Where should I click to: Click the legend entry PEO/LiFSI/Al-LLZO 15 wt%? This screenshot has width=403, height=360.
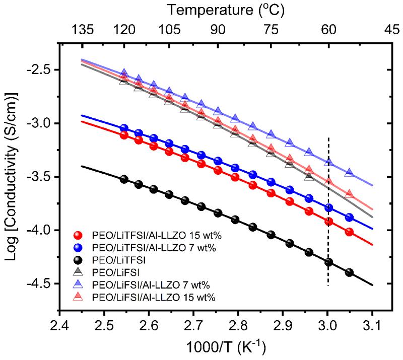[x=148, y=298]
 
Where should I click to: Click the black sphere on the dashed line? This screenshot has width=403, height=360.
[x=328, y=262]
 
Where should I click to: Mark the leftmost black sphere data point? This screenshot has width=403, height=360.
[x=123, y=179]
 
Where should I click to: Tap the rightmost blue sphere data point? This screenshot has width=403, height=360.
[x=350, y=218]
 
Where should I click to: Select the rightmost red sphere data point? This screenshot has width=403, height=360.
[x=350, y=232]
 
